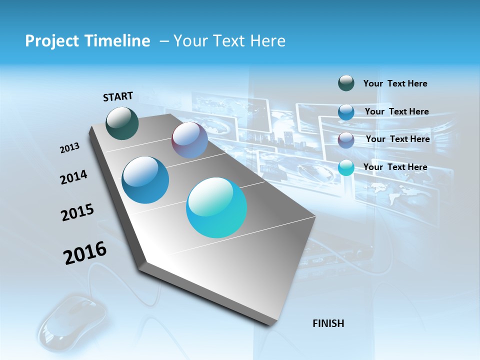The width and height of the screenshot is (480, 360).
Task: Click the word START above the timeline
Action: [x=118, y=96]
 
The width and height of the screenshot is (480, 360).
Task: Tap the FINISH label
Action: [x=328, y=323]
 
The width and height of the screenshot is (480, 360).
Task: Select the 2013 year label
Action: [x=69, y=148]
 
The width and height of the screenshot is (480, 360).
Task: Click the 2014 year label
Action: [x=73, y=177]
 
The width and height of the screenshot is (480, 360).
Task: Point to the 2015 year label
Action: [x=77, y=212]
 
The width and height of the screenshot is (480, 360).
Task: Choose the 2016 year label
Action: [x=84, y=253]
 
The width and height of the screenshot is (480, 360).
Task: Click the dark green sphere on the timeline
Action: [x=122, y=123]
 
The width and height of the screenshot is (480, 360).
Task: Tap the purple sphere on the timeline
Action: [x=189, y=140]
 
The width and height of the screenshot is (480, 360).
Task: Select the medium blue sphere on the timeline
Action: [x=145, y=180]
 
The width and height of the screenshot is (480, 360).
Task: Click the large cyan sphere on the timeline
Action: [x=216, y=207]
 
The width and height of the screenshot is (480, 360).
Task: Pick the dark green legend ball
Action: [x=346, y=83]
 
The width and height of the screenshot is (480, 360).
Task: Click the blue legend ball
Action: [x=346, y=112]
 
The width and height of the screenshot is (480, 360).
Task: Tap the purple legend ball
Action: [x=346, y=140]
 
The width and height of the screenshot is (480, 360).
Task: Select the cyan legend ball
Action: [x=346, y=168]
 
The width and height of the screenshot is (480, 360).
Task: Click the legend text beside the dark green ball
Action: [x=395, y=83]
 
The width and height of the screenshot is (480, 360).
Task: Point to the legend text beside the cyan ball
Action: [x=395, y=167]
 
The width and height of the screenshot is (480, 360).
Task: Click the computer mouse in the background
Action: [x=72, y=320]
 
